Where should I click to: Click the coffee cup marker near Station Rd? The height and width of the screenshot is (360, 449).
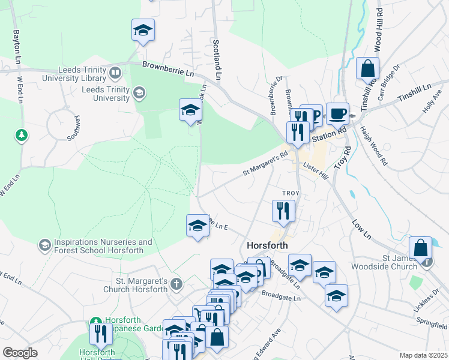coord(337,113)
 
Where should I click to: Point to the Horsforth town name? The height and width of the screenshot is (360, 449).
coord(267,245)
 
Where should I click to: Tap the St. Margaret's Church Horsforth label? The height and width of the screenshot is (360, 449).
coord(141,285)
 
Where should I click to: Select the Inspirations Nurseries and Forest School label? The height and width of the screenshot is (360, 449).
coord(98,246)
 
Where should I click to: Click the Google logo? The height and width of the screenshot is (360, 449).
coord(20,353)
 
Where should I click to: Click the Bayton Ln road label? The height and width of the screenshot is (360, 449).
coord(16,45)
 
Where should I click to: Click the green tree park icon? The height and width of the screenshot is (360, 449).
coord(22,135)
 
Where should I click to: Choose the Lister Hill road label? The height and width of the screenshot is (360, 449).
coord(316,171)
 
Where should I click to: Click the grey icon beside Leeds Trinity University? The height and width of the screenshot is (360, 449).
coord(139,92)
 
